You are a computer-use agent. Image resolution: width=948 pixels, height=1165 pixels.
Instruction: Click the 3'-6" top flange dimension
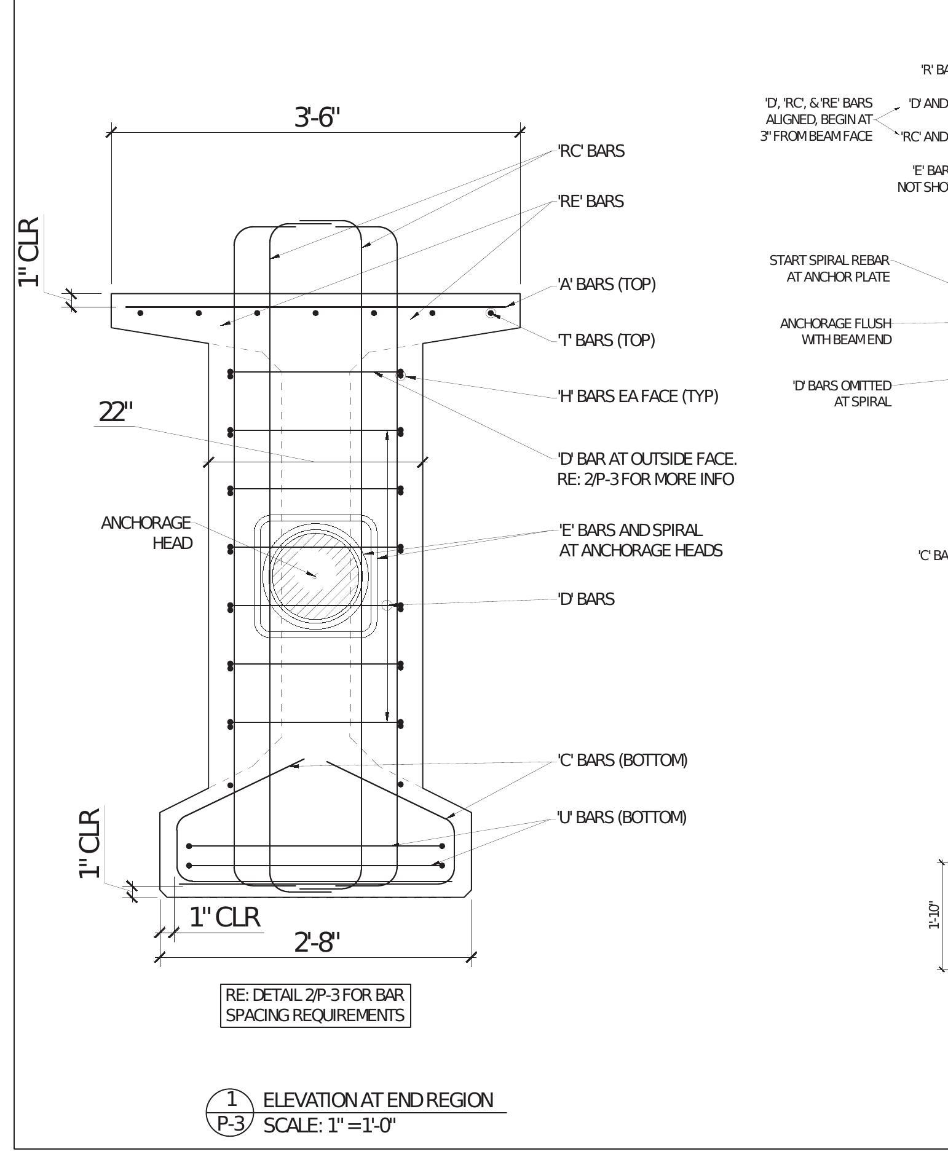317,117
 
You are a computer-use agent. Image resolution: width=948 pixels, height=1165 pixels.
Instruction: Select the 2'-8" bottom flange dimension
317,941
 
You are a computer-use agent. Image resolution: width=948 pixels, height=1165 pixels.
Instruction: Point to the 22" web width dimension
116,412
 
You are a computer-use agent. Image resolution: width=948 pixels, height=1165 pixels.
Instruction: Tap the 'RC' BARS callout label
591,151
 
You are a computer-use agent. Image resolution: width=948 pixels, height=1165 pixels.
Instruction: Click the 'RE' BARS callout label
590,202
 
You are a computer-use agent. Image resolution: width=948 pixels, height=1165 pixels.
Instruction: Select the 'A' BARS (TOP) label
606,284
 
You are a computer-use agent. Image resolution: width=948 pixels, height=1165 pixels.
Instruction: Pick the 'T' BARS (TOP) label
606,340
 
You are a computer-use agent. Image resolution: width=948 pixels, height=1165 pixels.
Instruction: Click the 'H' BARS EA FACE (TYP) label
638,396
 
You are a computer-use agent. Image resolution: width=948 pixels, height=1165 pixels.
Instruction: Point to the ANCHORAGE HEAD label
147,533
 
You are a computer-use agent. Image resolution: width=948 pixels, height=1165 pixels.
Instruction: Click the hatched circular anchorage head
315,576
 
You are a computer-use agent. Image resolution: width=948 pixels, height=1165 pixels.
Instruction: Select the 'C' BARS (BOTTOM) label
622,760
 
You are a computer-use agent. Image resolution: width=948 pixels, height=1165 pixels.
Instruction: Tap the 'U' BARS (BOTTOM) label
621,817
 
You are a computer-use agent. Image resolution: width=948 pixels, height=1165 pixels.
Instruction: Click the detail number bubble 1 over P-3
231,1113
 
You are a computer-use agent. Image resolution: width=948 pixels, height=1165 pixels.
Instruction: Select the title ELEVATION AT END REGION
378,1100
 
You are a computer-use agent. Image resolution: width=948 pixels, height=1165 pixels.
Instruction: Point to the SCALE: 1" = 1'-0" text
330,1126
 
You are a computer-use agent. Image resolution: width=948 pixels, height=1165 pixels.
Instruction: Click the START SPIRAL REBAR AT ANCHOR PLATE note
829,269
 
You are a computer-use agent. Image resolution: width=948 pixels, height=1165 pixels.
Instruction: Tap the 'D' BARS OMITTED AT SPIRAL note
842,393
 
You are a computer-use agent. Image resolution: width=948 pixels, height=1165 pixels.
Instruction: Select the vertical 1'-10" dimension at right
934,915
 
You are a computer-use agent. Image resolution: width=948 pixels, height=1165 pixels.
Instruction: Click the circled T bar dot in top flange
491,314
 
